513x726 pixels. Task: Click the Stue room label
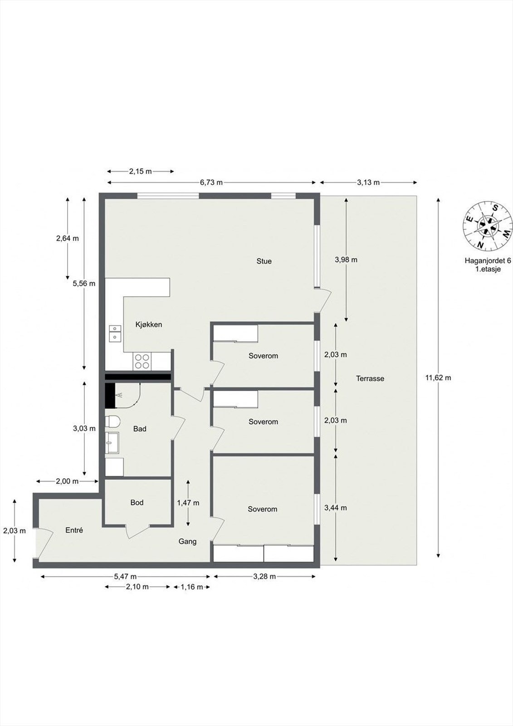[x=264, y=261]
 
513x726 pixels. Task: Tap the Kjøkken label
[x=149, y=324]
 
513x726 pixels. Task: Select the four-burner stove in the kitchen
[x=142, y=361]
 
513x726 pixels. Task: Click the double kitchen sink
[x=115, y=333]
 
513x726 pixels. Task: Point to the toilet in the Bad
[x=112, y=422]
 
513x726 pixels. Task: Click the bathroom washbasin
[x=112, y=443]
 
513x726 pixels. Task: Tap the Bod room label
[x=137, y=502]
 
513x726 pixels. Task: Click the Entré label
[x=74, y=530]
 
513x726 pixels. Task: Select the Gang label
[x=187, y=541]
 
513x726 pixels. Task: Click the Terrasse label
[x=370, y=378]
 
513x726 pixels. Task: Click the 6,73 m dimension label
[x=211, y=182]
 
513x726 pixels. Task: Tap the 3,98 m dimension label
[x=346, y=260]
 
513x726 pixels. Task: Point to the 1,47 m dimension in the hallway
[x=188, y=503]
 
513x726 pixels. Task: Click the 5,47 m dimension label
[x=125, y=577]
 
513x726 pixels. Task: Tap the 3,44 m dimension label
[x=335, y=508]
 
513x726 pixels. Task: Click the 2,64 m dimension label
[x=68, y=238]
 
